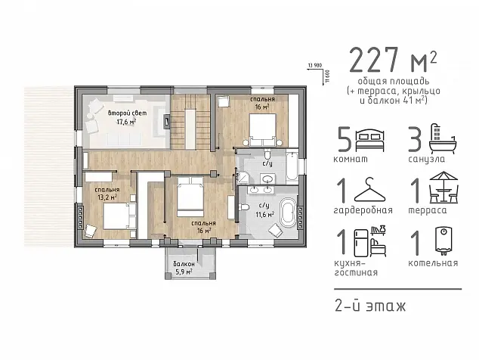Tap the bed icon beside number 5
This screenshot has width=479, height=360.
(x=370, y=141)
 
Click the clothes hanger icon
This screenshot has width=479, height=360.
(x=370, y=190)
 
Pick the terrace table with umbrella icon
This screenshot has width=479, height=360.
(x=444, y=188)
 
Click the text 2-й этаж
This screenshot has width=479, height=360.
(x=370, y=306)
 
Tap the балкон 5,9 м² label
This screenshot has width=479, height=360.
(x=184, y=268)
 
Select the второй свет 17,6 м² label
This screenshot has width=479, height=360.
(x=127, y=117)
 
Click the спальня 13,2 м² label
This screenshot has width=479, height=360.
(x=107, y=194)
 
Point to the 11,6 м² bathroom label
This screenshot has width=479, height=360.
(x=264, y=214)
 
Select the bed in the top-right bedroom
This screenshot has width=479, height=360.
(x=263, y=129)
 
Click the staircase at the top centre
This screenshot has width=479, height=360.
(x=190, y=122)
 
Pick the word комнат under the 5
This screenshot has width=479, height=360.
(x=351, y=160)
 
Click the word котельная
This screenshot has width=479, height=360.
(x=433, y=263)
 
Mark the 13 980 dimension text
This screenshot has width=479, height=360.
(x=315, y=65)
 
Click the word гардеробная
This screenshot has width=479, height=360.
(x=363, y=210)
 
